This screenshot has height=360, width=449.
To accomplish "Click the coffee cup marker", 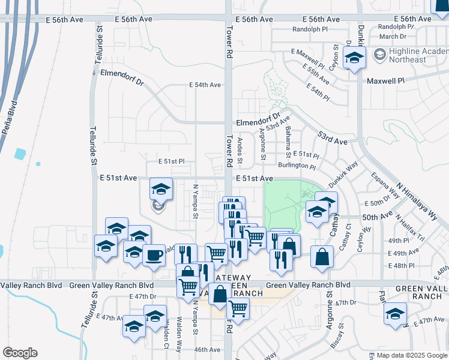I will pyautogui.click(x=154, y=254).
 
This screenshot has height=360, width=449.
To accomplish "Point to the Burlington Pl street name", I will pyautogui.click(x=297, y=166).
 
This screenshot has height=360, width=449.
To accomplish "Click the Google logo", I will pyautogui.click(x=20, y=353).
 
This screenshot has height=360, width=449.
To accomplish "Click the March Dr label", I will pyautogui.click(x=393, y=37).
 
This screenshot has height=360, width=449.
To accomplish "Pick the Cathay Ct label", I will pyautogui.click(x=345, y=237).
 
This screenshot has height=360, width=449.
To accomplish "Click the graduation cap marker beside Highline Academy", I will pyautogui.click(x=354, y=58).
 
